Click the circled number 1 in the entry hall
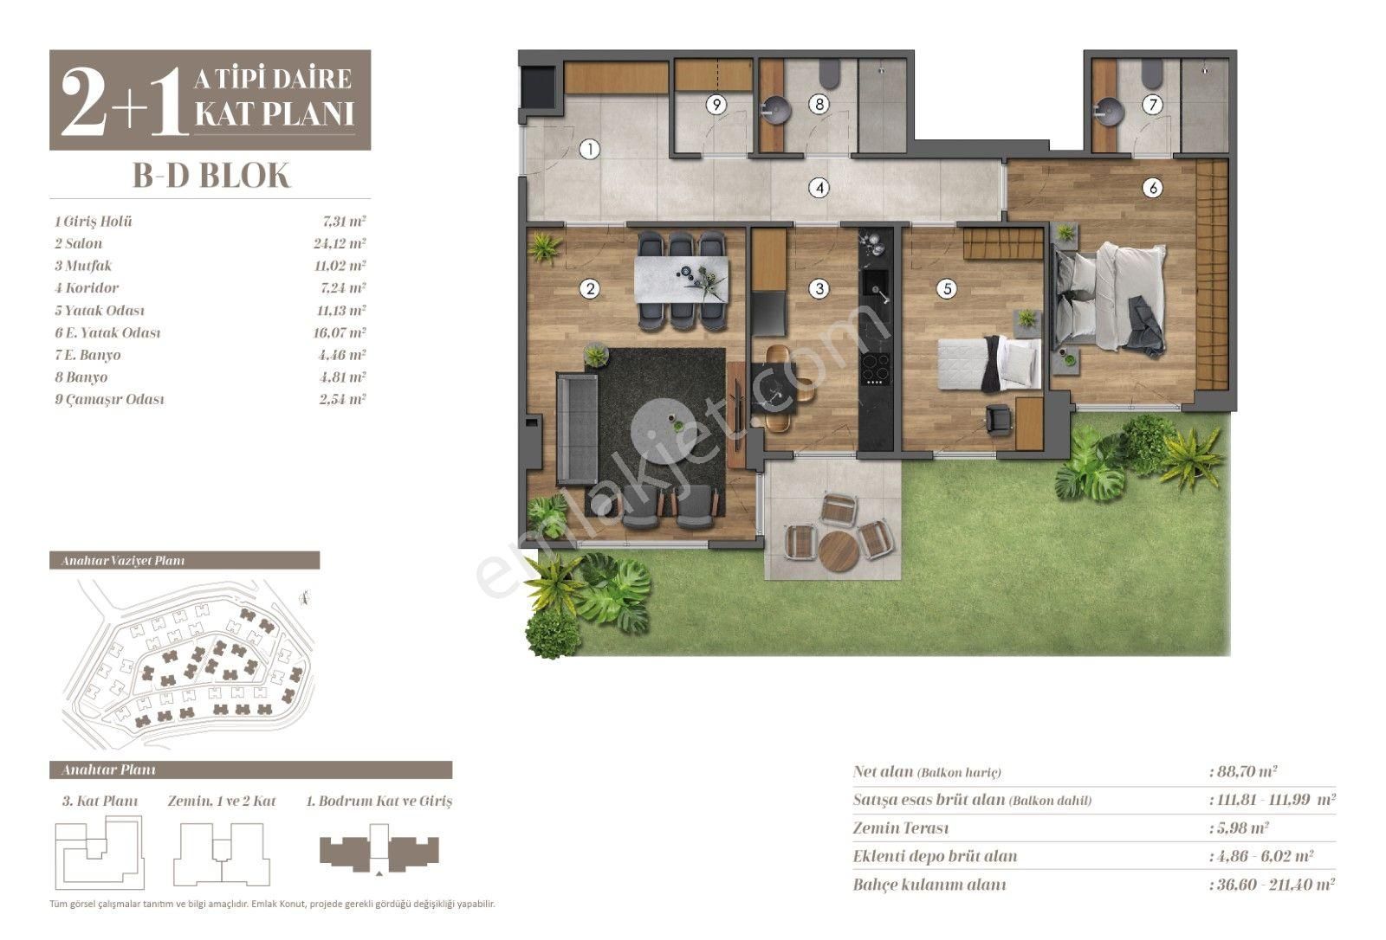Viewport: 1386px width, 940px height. [x=590, y=149]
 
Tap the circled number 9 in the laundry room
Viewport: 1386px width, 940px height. [x=716, y=104]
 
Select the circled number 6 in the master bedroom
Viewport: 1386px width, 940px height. [x=1152, y=188]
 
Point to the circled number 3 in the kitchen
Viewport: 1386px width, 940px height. [x=819, y=288]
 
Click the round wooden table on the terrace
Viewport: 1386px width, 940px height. [x=839, y=550]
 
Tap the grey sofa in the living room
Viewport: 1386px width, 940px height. [x=577, y=428]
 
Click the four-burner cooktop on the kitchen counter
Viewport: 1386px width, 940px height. [x=876, y=369]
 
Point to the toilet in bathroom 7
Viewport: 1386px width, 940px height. [x=1151, y=74]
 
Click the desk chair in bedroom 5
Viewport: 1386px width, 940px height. [x=998, y=419]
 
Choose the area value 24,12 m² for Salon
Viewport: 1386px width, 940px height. [x=340, y=243]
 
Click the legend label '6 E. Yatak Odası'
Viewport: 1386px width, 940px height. [x=107, y=332]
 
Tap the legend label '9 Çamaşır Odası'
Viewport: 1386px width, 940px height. [x=109, y=400]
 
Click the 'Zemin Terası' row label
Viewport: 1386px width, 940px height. [x=900, y=827]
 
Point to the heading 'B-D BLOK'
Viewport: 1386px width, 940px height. [x=211, y=176]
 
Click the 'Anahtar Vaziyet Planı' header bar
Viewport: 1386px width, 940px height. [x=185, y=560]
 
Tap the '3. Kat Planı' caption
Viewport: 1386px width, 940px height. [x=100, y=801]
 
